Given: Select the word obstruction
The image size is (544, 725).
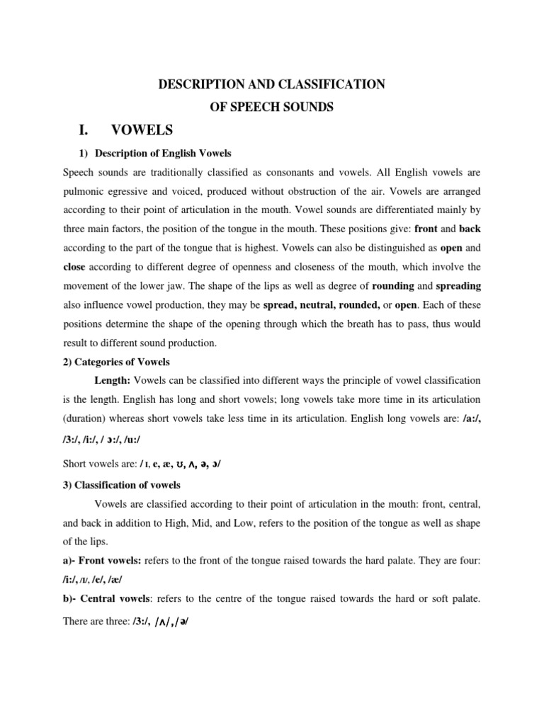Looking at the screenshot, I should point(316,190).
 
